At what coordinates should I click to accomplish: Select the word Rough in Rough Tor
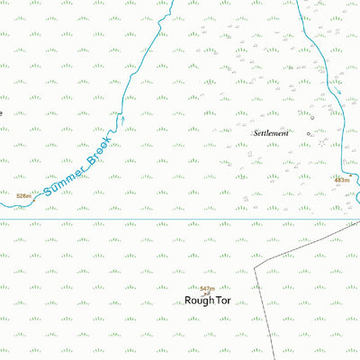pyautogui.click(x=198, y=301)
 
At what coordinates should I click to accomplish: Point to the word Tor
pyautogui.click(x=222, y=301)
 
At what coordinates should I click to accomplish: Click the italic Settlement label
pyautogui.click(x=271, y=132)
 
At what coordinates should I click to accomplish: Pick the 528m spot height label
pyautogui.click(x=23, y=195)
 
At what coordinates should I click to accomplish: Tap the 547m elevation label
pyautogui.click(x=207, y=288)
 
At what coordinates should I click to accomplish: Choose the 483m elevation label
pyautogui.click(x=341, y=180)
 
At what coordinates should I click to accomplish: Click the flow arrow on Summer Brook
pyautogui.click(x=122, y=118)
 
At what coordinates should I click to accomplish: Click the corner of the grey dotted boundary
pyautogui.click(x=256, y=266)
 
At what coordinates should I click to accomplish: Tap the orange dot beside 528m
pyautogui.click(x=35, y=193)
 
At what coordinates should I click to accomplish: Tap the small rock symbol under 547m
pyautogui.click(x=208, y=293)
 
